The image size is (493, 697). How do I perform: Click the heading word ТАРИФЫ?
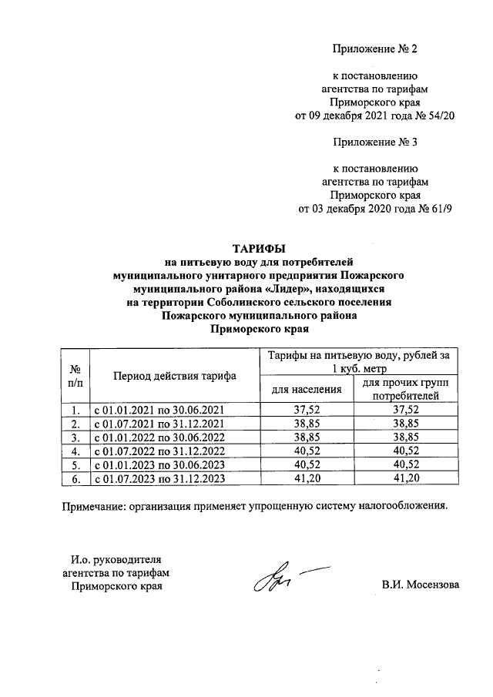259,248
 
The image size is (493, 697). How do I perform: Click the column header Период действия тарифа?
175,376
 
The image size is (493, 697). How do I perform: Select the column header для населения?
307,389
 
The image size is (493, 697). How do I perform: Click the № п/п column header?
75,376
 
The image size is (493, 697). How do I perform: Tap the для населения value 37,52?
307,410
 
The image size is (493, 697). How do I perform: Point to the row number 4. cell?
75,451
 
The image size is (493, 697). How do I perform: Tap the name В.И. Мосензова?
420,585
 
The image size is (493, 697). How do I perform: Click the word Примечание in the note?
95,506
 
